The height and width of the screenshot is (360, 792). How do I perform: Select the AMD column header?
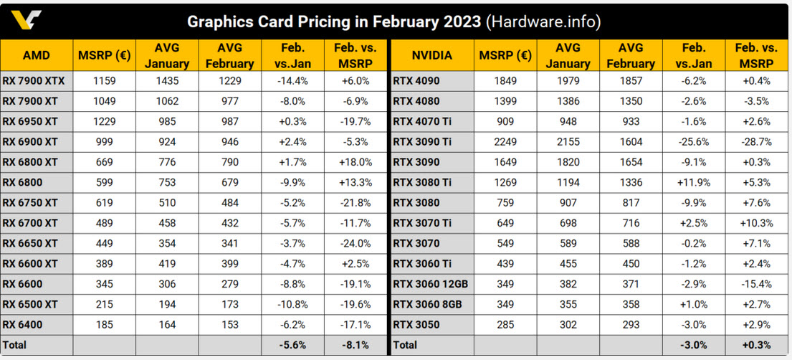point(36,55)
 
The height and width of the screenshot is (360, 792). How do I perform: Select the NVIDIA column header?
point(432,55)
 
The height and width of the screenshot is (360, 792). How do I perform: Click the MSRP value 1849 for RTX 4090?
point(506,81)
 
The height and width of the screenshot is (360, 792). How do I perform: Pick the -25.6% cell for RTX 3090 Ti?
point(692,142)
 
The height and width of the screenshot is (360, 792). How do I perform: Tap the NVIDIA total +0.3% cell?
point(756,345)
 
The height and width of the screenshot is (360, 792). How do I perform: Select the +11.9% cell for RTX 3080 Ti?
point(692,183)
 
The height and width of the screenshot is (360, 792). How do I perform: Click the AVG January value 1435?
point(166,81)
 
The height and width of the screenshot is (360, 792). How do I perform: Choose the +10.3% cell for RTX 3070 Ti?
point(756,223)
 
